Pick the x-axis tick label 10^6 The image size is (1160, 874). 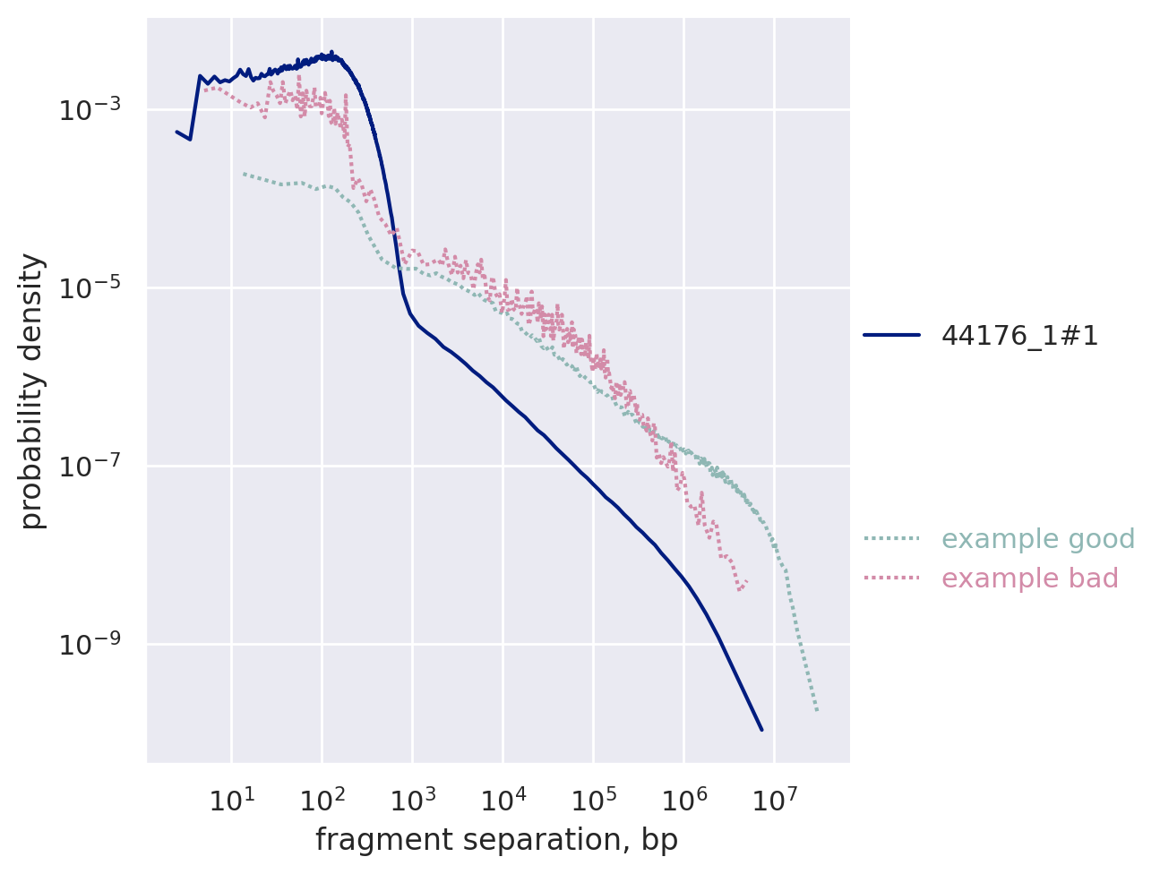(683, 799)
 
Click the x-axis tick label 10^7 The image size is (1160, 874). (774, 799)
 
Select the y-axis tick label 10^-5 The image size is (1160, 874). (90, 289)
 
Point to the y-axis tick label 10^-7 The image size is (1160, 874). (90, 467)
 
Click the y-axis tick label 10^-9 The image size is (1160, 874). (90, 646)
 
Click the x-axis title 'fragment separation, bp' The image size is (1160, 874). (496, 841)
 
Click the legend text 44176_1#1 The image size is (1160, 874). (1019, 336)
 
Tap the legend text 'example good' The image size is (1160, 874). (1026, 539)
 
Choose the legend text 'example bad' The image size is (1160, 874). (1030, 578)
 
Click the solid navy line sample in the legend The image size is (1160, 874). (892, 336)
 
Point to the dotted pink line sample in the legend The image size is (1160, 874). (892, 578)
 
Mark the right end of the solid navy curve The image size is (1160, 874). (761, 730)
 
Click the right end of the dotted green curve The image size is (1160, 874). (817, 711)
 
